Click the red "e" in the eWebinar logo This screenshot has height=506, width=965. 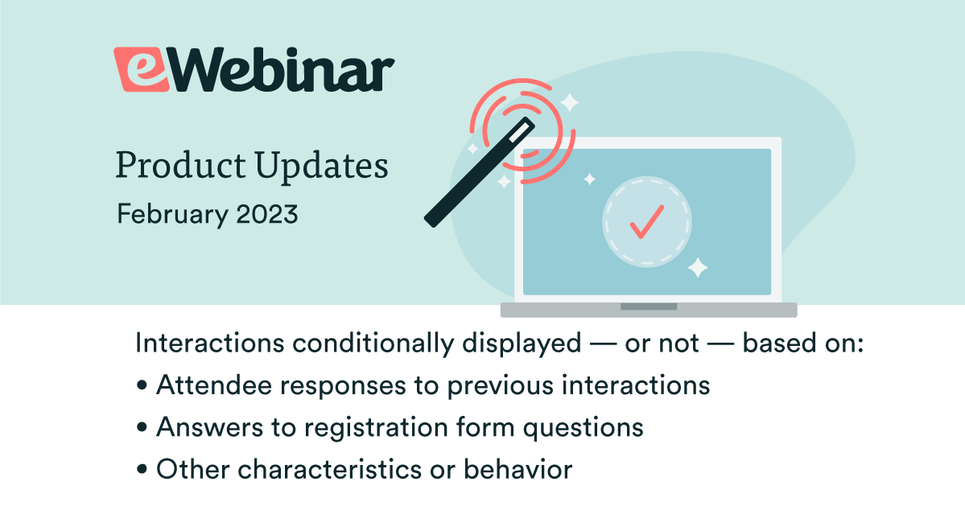click(x=141, y=69)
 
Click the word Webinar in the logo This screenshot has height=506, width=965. click(x=280, y=69)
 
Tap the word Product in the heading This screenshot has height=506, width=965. click(x=181, y=166)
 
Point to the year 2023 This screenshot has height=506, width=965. click(x=267, y=214)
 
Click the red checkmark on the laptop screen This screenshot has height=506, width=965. click(x=647, y=221)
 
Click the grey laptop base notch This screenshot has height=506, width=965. click(x=648, y=306)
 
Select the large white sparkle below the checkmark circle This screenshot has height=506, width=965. click(x=697, y=268)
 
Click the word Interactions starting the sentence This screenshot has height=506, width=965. click(x=210, y=343)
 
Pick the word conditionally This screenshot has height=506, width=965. click(x=373, y=344)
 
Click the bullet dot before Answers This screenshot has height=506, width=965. click(x=142, y=428)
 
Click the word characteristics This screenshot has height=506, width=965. click(x=329, y=470)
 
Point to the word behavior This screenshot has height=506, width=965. click(x=518, y=470)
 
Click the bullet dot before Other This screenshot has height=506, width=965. click(x=142, y=470)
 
